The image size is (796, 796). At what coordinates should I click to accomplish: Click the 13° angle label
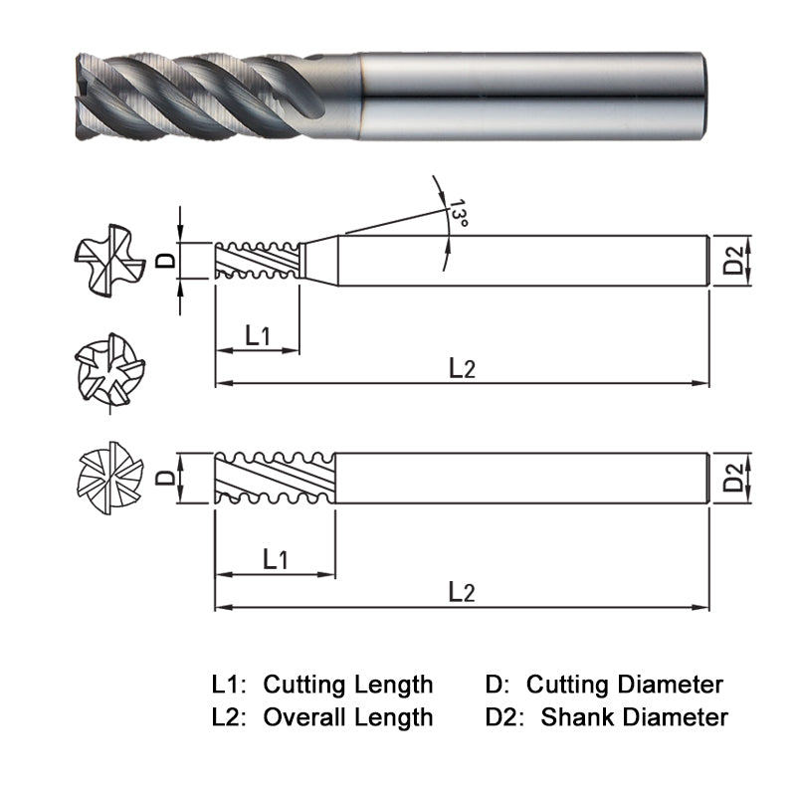click(459, 217)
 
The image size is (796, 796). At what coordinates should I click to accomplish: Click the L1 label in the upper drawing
click(258, 335)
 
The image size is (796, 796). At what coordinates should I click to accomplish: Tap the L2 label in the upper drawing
click(462, 368)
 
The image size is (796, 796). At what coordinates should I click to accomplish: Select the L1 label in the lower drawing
click(276, 560)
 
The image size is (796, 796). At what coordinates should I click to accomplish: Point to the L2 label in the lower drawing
click(462, 593)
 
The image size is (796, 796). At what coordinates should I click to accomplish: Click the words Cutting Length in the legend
click(348, 685)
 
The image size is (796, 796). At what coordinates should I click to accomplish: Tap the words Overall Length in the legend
click(348, 716)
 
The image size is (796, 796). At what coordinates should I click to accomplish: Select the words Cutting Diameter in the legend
click(624, 685)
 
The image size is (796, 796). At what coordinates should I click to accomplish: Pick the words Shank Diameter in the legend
click(634, 716)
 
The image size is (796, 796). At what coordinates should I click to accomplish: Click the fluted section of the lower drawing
click(274, 480)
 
